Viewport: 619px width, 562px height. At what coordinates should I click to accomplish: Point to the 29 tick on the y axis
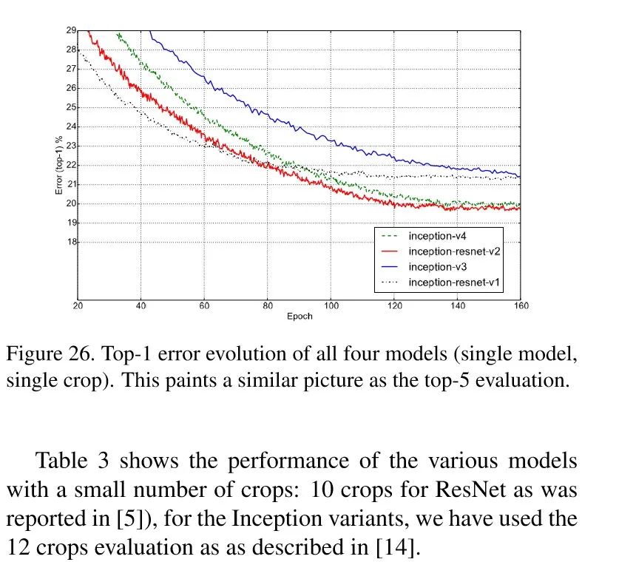click(x=72, y=30)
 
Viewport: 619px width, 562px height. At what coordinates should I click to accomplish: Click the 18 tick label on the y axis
click(x=72, y=242)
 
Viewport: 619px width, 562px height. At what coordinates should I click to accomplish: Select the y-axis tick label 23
click(x=72, y=146)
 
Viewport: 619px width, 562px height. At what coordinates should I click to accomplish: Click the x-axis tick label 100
click(x=331, y=306)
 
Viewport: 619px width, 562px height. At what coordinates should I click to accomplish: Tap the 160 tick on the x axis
click(x=521, y=306)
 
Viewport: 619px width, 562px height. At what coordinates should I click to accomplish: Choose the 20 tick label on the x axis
click(x=78, y=306)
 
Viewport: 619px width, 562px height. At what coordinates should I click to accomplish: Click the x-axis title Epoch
click(x=300, y=317)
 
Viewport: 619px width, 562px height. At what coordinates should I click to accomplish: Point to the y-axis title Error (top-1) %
click(x=59, y=164)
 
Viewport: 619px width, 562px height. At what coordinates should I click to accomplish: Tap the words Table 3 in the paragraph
click(x=73, y=462)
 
